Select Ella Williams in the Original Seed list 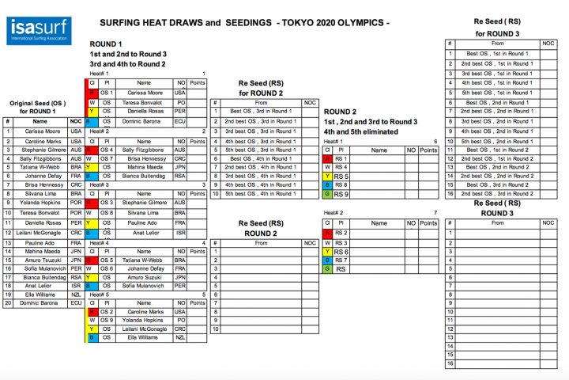[34, 294]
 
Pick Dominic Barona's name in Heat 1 [143, 121]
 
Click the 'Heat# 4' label [99, 242]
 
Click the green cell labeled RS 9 [327, 194]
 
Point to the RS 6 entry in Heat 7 [341, 252]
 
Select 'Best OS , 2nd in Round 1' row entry [497, 103]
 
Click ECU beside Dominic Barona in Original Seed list [76, 302]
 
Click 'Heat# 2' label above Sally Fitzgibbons [99, 131]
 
